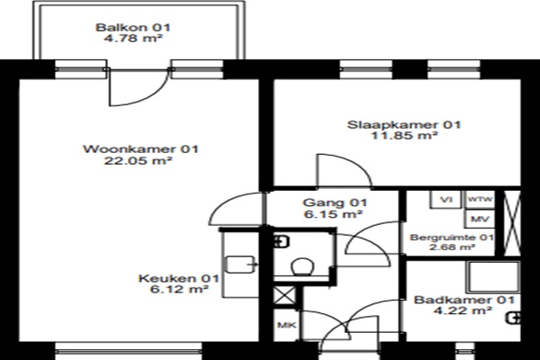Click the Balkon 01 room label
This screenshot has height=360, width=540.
[133, 27]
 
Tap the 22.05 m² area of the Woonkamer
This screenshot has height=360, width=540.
[138, 160]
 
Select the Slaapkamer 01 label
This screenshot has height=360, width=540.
[403, 125]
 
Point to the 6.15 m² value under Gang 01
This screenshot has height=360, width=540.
[333, 214]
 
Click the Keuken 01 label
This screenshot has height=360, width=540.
[179, 278]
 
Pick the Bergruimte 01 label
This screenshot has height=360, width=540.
[452, 238]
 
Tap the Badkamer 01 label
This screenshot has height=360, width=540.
[464, 300]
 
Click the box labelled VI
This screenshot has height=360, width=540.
[445, 200]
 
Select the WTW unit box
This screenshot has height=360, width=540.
[481, 200]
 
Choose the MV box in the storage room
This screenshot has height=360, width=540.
[481, 219]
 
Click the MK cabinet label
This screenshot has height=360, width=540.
[287, 325]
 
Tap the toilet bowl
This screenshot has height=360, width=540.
[302, 267]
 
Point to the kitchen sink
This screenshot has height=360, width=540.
[239, 265]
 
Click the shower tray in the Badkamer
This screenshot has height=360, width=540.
[493, 277]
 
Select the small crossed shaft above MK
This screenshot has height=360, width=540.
[284, 296]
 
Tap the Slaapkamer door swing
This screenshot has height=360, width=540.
[345, 170]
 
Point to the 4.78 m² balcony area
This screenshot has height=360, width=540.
[133, 38]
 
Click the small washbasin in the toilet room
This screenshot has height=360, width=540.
[281, 241]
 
